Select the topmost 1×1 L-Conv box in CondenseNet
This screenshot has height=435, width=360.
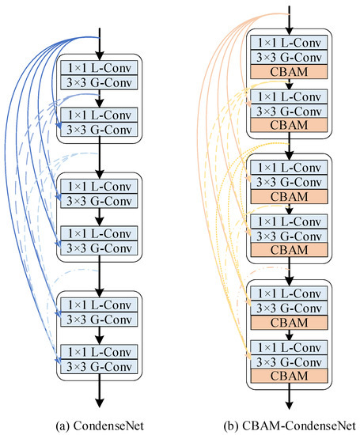click(100, 67)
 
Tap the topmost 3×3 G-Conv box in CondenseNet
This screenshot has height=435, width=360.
click(100, 81)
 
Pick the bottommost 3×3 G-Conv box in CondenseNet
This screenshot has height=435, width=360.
click(100, 365)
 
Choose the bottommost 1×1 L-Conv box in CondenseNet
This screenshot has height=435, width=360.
click(100, 350)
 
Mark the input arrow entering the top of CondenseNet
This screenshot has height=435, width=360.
click(100, 40)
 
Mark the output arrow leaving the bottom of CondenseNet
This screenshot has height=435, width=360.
click(100, 391)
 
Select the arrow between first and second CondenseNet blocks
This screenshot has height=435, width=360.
click(100, 158)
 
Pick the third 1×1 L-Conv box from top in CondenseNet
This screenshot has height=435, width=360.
click(100, 186)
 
